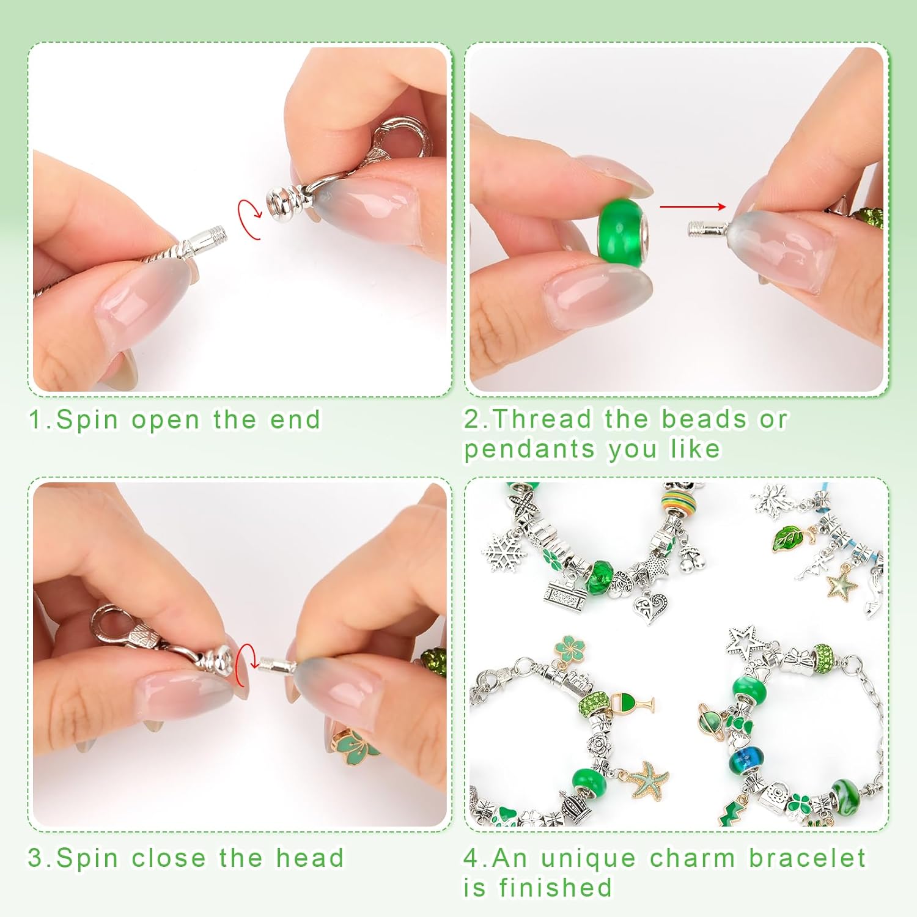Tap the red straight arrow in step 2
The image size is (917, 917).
693,207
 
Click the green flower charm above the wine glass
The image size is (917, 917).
569,650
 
